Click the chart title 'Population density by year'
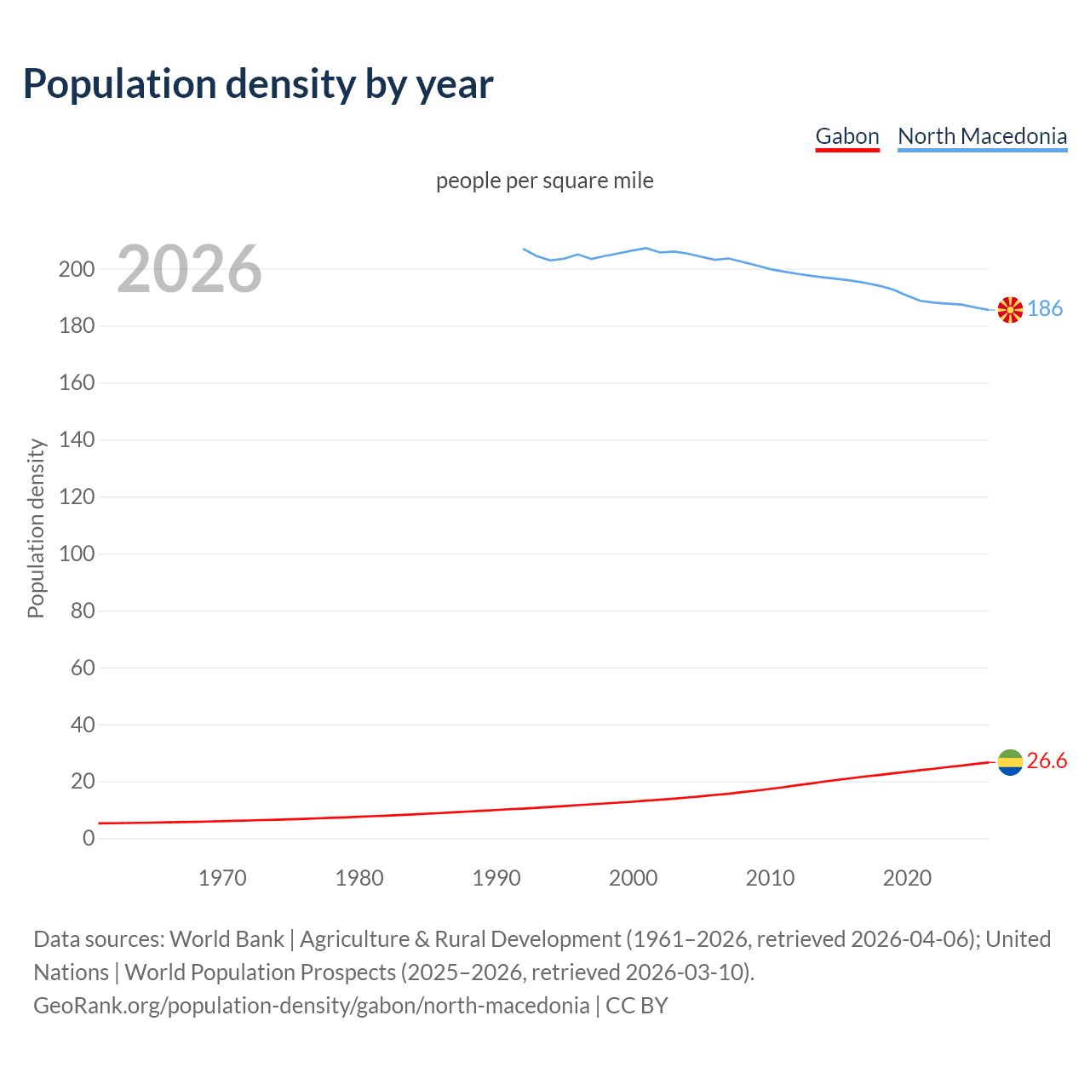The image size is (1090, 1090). click(258, 83)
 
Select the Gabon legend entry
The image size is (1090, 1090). click(846, 136)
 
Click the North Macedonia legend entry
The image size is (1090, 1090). click(982, 136)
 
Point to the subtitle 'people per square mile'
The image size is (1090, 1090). click(544, 181)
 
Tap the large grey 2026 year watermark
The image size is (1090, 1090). click(189, 269)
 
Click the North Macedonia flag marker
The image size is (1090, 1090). click(1010, 310)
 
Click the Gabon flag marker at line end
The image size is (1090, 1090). click(1010, 762)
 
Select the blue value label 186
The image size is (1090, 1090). click(1045, 308)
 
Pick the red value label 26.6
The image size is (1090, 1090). click(1047, 760)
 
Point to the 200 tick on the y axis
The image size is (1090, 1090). click(77, 269)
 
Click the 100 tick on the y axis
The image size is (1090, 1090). click(77, 554)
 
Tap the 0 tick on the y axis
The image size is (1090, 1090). click(89, 838)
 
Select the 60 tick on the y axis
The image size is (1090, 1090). click(83, 668)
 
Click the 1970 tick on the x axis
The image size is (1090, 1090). click(222, 878)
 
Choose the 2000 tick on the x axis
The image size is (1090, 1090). click(633, 878)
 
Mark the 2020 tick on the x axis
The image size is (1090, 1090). click(907, 878)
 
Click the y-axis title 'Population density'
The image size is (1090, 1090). click(36, 528)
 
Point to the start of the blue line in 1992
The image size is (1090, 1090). click(524, 249)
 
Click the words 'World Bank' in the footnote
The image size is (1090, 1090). click(227, 938)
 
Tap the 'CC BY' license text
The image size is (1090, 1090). click(636, 1005)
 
